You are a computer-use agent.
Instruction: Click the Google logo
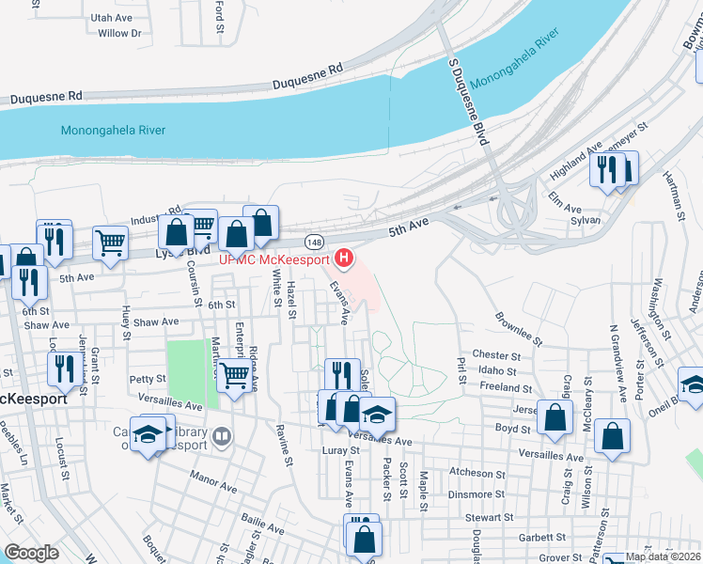[x=31, y=553]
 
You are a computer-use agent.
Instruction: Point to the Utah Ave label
[x=111, y=18]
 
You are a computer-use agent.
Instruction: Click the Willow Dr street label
[x=119, y=34]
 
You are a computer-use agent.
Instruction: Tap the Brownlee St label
[x=519, y=329]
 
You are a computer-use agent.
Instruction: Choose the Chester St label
[x=496, y=356]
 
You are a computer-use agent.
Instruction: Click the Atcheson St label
[x=477, y=474]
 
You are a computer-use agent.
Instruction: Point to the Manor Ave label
[x=212, y=489]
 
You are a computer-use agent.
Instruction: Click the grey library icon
[x=222, y=435]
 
